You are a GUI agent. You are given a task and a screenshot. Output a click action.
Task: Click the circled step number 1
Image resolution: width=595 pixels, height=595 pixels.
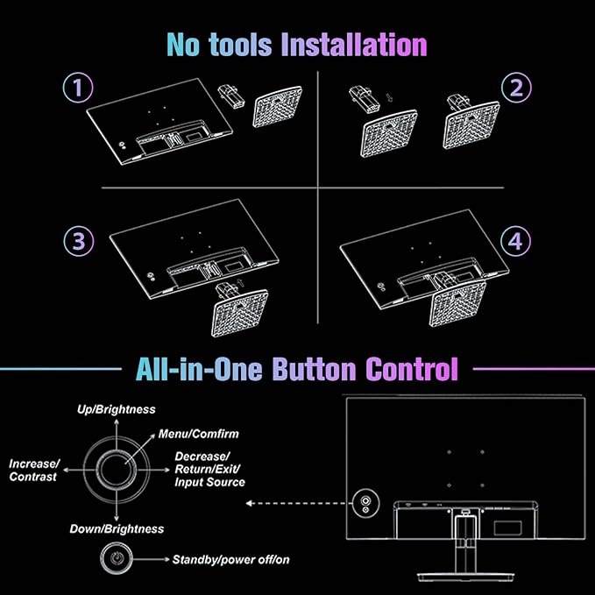coord(77,88)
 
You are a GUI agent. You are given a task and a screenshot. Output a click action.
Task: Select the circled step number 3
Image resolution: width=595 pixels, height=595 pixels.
coord(77,241)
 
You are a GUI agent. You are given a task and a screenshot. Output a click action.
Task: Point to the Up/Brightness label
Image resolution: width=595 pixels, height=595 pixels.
coord(117,409)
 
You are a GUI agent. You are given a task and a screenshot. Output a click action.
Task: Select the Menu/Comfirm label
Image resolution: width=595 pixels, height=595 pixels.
coord(198,434)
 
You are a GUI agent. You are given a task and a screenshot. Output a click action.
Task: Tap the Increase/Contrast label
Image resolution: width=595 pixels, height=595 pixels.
coord(35,470)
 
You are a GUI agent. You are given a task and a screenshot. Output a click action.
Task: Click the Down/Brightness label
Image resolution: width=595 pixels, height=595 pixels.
coord(117,528)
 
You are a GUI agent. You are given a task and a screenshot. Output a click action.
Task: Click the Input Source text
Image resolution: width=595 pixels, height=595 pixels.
coord(210,482)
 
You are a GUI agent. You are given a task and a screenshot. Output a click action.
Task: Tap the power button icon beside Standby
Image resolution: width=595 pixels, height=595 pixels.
coord(117,558)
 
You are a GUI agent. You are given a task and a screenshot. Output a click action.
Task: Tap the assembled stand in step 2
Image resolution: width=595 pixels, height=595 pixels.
coord(471,123)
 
